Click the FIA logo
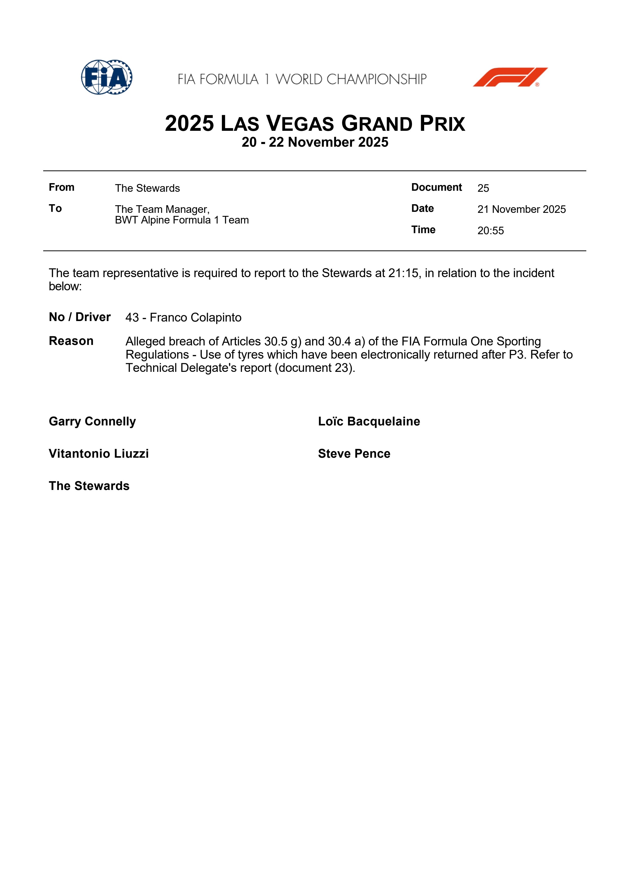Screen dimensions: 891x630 click(x=106, y=77)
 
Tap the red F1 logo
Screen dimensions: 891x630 click(x=510, y=77)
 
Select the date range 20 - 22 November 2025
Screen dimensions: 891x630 click(x=315, y=142)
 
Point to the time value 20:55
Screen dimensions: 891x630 click(x=490, y=231)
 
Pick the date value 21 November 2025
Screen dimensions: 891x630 click(x=521, y=210)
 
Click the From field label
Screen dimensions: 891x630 click(x=61, y=187)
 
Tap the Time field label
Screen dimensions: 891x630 click(x=423, y=230)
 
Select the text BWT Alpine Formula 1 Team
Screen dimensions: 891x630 click(x=182, y=220)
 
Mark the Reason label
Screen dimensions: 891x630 click(x=71, y=341)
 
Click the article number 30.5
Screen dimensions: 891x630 click(x=275, y=342)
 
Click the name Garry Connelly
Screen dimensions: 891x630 click(x=93, y=421)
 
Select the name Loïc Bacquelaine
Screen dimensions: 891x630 click(x=369, y=421)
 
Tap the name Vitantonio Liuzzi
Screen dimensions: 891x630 click(x=99, y=454)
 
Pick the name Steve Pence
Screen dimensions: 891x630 click(x=354, y=454)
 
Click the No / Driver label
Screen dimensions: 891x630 click(x=80, y=317)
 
